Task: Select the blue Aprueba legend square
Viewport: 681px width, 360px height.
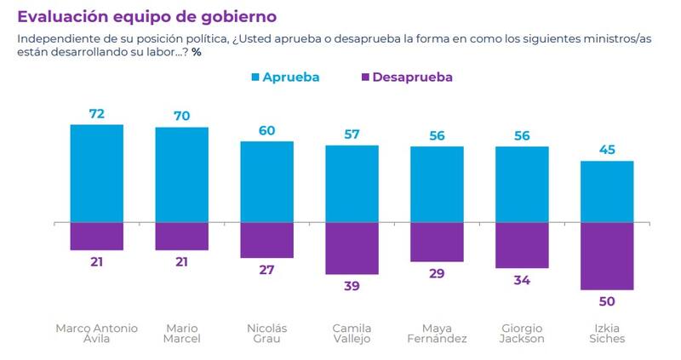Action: pyautogui.click(x=255, y=77)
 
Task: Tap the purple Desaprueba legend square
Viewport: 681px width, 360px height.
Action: pyautogui.click(x=366, y=77)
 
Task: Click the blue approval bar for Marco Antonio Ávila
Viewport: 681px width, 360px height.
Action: pyautogui.click(x=96, y=174)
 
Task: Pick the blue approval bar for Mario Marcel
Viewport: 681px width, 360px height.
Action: pyautogui.click(x=181, y=175)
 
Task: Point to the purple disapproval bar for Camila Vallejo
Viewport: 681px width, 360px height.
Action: pyautogui.click(x=352, y=249)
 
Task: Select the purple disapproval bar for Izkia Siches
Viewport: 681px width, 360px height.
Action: pyautogui.click(x=607, y=256)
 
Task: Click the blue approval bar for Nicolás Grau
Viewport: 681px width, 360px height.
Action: pyautogui.click(x=266, y=182)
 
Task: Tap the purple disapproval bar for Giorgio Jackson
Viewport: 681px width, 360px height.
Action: pyautogui.click(x=522, y=244)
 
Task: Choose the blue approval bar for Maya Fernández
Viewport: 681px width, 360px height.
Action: pyautogui.click(x=437, y=185)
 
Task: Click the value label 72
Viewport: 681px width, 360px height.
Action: pyautogui.click(x=96, y=113)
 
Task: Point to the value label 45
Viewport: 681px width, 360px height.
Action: pyautogui.click(x=607, y=150)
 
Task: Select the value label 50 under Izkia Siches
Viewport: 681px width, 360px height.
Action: pyautogui.click(x=607, y=301)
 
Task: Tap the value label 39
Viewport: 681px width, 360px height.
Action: pyautogui.click(x=352, y=285)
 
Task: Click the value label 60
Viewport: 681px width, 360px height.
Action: pyautogui.click(x=266, y=129)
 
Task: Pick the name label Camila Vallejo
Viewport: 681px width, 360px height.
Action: pyautogui.click(x=352, y=333)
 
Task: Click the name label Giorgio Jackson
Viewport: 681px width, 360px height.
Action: pyautogui.click(x=522, y=333)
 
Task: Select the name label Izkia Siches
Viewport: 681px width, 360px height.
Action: pyautogui.click(x=607, y=333)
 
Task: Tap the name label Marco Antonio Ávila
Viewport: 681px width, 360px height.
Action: pyautogui.click(x=96, y=333)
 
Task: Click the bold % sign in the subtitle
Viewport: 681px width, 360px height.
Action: pyautogui.click(x=196, y=53)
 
